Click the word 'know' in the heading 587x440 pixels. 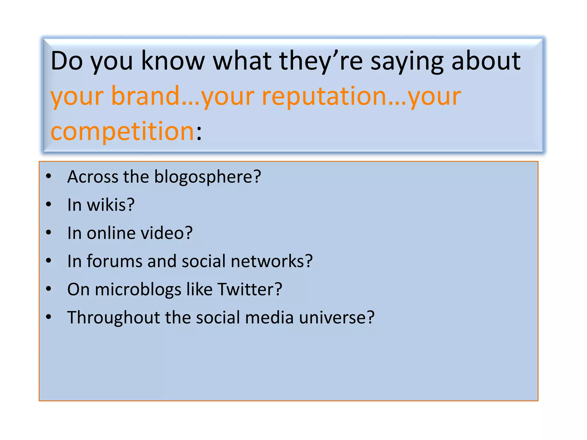click(x=173, y=61)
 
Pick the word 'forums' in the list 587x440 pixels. click(x=114, y=261)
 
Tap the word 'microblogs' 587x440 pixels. click(x=138, y=290)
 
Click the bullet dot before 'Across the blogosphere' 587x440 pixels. click(x=48, y=176)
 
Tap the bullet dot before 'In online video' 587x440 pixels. click(x=48, y=233)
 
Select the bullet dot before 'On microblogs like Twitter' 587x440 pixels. click(x=48, y=289)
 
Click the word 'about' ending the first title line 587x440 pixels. click(x=486, y=61)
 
